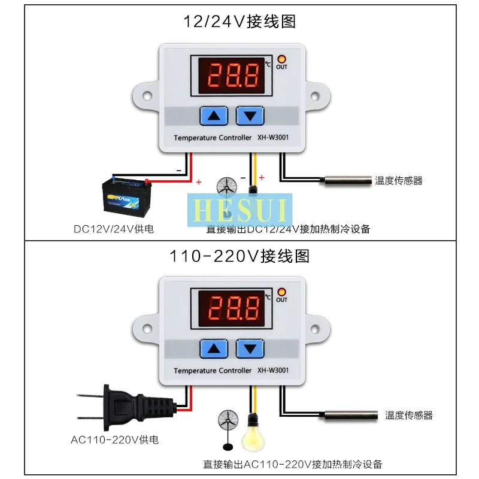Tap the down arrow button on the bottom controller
tap(250, 348)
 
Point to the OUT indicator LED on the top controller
tap(281, 59)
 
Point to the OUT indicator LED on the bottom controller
tap(281, 292)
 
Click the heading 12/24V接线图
tap(239, 23)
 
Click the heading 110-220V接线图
tap(239, 257)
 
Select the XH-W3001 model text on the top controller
tap(273, 138)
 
